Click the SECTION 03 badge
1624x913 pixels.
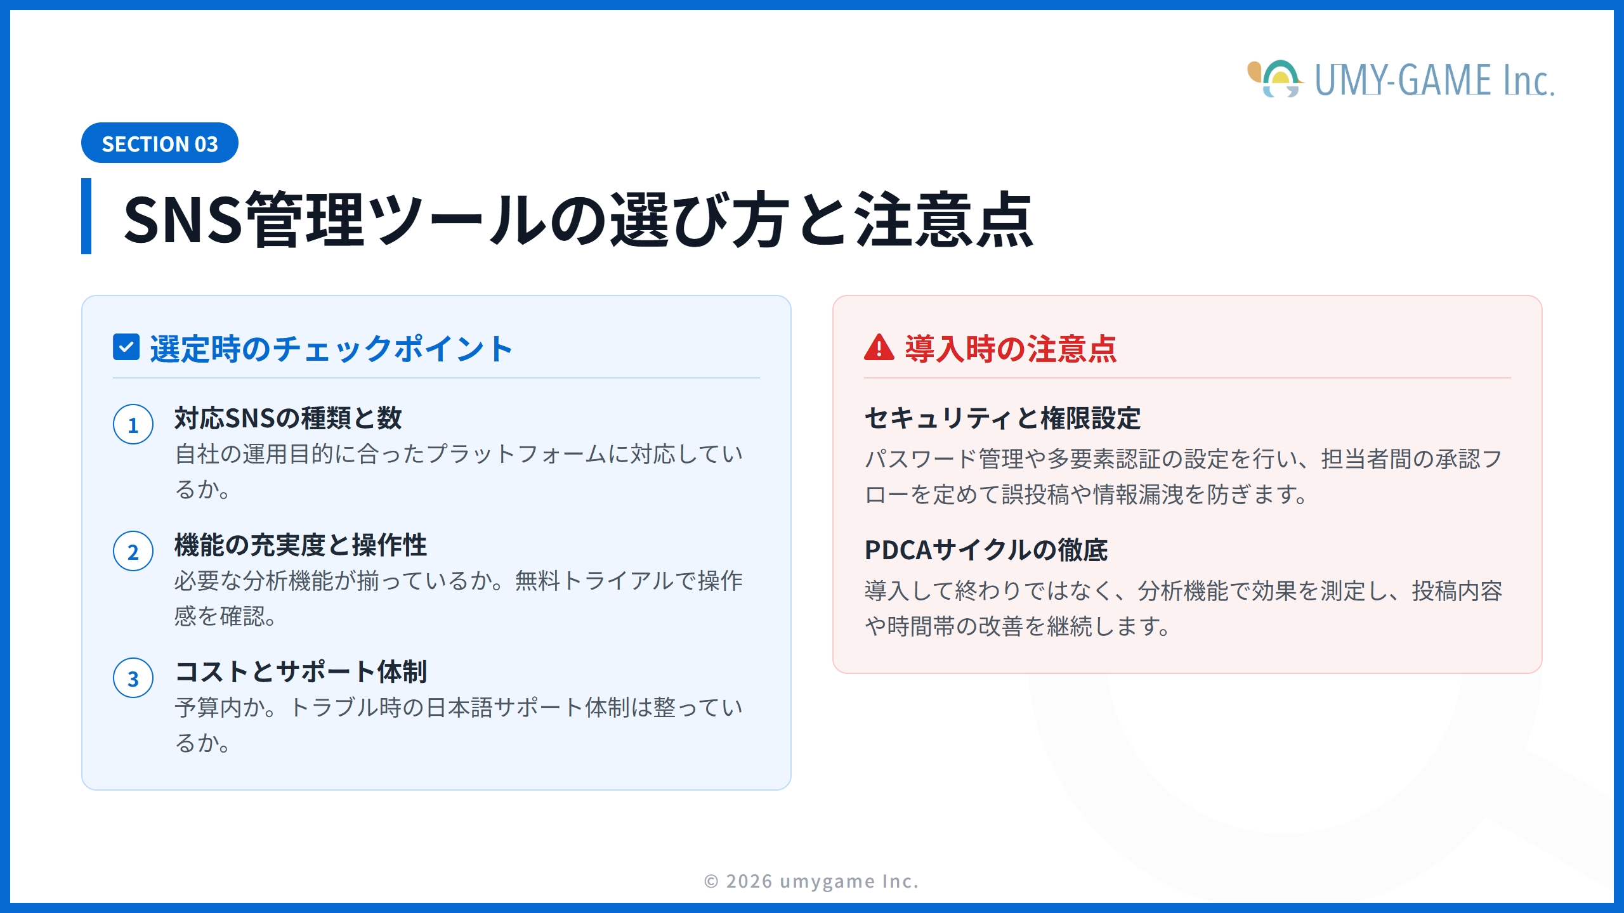click(x=160, y=143)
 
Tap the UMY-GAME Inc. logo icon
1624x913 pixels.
click(x=1275, y=80)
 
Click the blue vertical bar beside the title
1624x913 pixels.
click(x=86, y=216)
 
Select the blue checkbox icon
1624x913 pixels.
click(x=126, y=347)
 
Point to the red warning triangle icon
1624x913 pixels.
click(x=879, y=348)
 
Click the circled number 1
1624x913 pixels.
click(x=133, y=425)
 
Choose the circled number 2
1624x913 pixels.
click(x=133, y=552)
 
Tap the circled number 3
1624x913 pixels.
click(x=133, y=678)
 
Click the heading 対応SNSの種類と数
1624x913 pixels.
click(x=289, y=418)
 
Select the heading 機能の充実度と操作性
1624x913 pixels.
click(x=301, y=545)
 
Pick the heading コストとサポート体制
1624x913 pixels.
click(x=301, y=672)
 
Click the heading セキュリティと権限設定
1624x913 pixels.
click(x=1002, y=418)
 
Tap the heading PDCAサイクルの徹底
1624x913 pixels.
click(x=986, y=550)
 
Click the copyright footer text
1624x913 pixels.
click(x=811, y=881)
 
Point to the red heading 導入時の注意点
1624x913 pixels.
click(x=1011, y=349)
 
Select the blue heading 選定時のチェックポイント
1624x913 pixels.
click(x=331, y=349)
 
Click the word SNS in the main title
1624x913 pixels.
click(x=183, y=219)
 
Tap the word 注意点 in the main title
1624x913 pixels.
click(x=944, y=219)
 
